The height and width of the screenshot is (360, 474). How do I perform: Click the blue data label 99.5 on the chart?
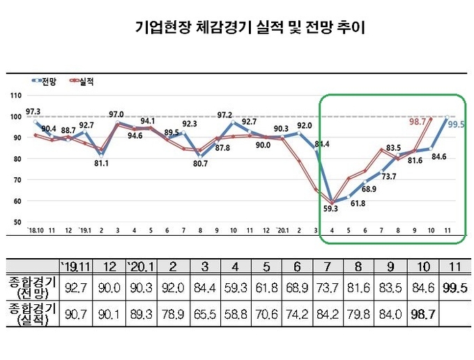[x=457, y=125]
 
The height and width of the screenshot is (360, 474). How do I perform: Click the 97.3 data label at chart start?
[x=33, y=112]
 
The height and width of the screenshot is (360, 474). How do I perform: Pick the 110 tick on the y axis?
[x=16, y=96]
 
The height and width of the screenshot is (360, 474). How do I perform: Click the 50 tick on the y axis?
[x=17, y=223]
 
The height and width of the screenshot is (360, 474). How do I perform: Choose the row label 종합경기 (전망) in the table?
[x=30, y=288]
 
